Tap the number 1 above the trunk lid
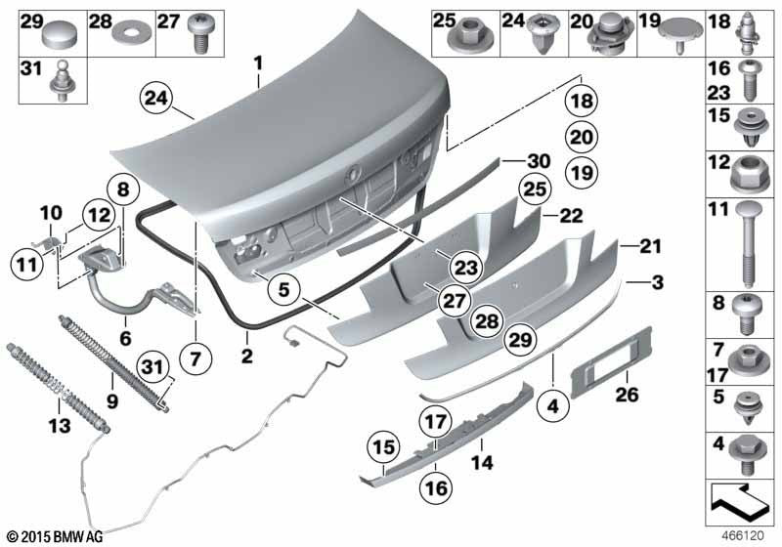[259, 64]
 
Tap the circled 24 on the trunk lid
[154, 98]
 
